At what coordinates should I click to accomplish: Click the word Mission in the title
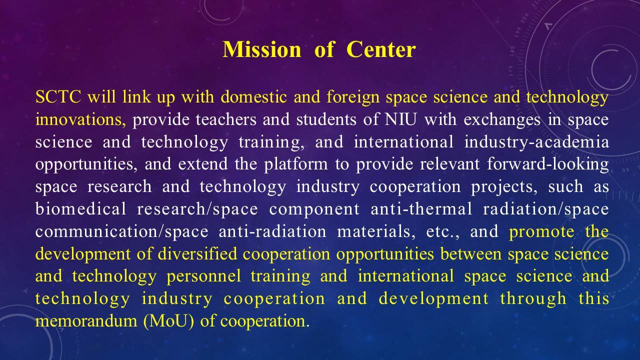261,49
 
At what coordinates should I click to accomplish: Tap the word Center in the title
381,49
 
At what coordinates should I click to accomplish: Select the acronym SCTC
58,96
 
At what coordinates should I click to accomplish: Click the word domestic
253,96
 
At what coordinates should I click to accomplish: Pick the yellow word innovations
80,119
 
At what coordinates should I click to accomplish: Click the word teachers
226,119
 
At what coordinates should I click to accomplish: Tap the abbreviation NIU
400,119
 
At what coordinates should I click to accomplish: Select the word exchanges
502,120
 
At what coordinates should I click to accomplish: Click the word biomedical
81,208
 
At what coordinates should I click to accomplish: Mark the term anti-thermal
421,208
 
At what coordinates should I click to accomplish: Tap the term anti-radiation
272,231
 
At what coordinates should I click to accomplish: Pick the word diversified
197,253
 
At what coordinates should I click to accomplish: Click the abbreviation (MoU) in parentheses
169,321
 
